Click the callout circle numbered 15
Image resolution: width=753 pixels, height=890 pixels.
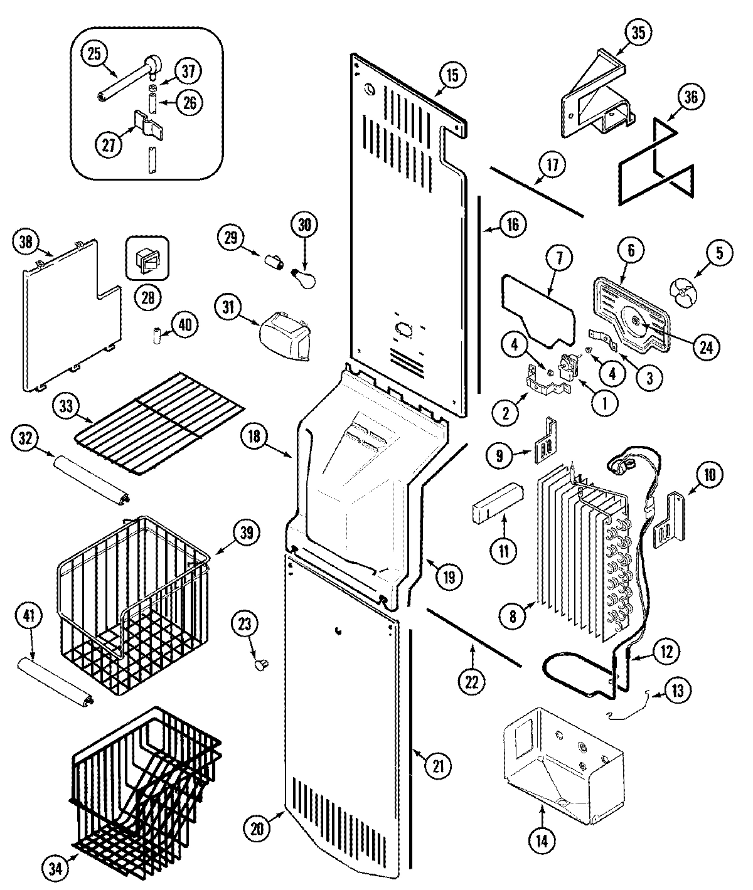(452, 75)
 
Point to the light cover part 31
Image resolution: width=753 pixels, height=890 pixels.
(286, 337)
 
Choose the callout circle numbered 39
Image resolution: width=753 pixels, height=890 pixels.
(246, 533)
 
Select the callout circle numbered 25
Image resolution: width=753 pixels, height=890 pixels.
(94, 55)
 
